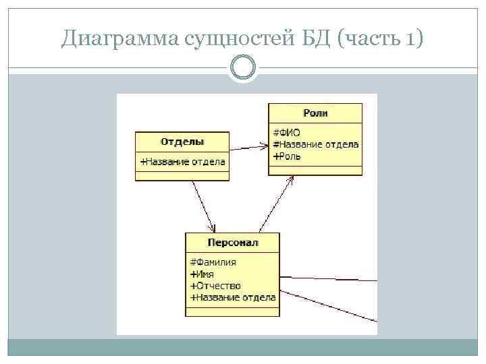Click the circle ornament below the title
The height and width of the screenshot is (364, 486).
tap(242, 68)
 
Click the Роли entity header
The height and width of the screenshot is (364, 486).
tap(315, 113)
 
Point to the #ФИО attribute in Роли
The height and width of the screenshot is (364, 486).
tap(287, 132)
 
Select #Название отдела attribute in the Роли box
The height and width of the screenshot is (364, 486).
tap(315, 144)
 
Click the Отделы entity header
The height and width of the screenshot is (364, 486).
tap(182, 142)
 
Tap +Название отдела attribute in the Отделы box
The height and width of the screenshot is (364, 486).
tap(182, 162)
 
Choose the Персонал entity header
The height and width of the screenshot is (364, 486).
tap(232, 242)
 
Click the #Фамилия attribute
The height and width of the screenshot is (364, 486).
tap(213, 262)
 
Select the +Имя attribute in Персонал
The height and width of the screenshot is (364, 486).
tap(203, 274)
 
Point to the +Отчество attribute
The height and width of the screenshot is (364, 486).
tap(215, 286)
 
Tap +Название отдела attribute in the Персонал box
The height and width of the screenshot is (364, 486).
tap(233, 297)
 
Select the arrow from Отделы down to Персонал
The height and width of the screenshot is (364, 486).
tap(204, 206)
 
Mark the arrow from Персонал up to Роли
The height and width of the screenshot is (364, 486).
tap(277, 203)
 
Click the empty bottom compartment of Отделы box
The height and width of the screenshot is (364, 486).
tap(182, 176)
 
